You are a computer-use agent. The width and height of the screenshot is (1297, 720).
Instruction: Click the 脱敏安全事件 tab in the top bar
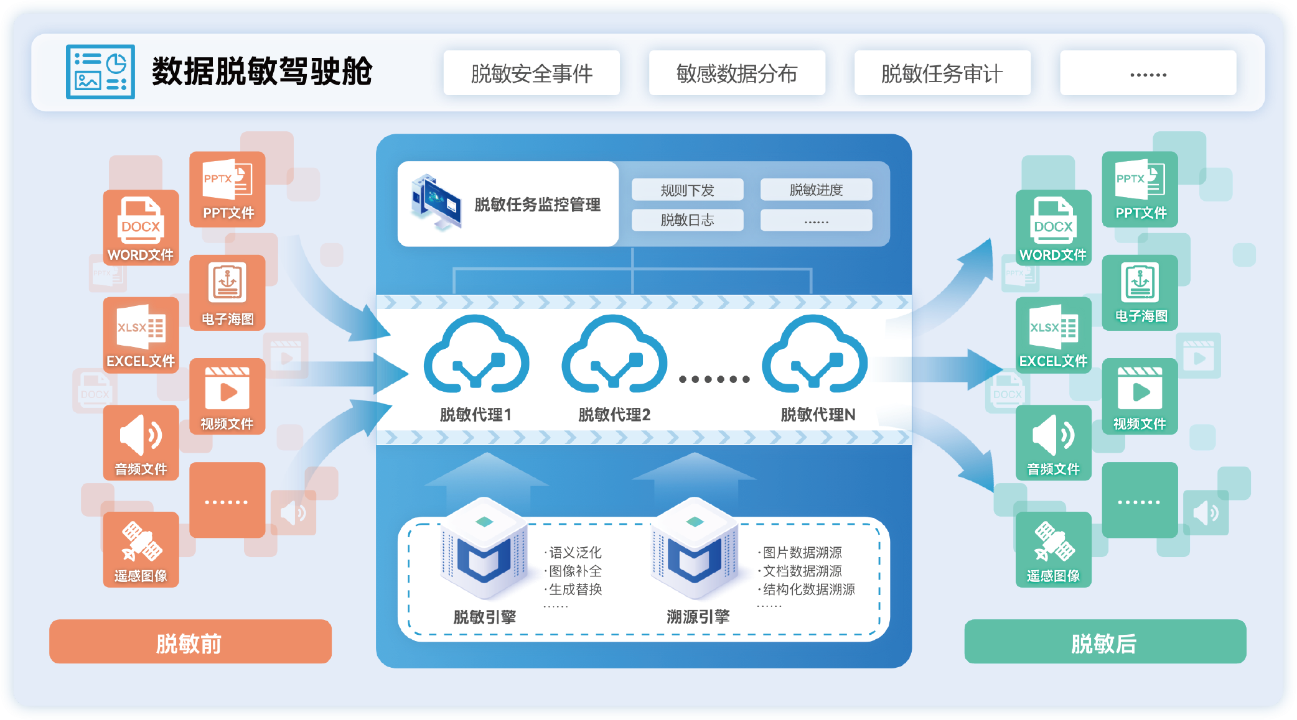click(531, 73)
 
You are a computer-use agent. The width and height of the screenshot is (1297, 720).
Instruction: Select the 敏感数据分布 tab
click(737, 73)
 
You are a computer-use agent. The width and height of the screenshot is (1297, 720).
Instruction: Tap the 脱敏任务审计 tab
click(942, 73)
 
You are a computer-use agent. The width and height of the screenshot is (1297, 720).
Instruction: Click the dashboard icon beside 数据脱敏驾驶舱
click(100, 72)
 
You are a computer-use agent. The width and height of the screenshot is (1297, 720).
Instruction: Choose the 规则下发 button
click(687, 190)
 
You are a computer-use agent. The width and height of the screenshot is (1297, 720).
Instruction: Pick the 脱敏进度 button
click(816, 190)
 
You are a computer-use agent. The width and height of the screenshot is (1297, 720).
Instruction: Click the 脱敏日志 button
click(687, 219)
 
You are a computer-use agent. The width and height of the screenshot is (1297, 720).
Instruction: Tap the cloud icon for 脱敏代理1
click(477, 355)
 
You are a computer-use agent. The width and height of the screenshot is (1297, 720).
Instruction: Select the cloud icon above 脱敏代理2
click(614, 355)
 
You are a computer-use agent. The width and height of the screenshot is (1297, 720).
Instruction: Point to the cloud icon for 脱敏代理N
click(815, 355)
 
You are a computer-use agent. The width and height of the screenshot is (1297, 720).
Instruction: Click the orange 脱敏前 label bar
click(190, 642)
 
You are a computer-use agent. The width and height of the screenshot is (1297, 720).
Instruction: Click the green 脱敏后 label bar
click(1105, 642)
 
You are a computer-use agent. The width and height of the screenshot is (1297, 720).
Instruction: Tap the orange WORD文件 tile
click(141, 228)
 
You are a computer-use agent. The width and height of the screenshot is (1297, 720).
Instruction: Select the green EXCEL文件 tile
click(1053, 335)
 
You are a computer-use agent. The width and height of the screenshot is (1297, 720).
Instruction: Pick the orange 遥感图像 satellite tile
click(141, 550)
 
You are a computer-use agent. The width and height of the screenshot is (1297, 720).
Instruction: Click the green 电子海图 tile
click(1140, 292)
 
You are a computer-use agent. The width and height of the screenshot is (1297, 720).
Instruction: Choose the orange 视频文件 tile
click(227, 397)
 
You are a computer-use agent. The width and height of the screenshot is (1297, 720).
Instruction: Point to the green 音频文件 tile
click(1053, 442)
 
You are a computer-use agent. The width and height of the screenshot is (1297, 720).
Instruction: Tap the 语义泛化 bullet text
click(574, 552)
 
